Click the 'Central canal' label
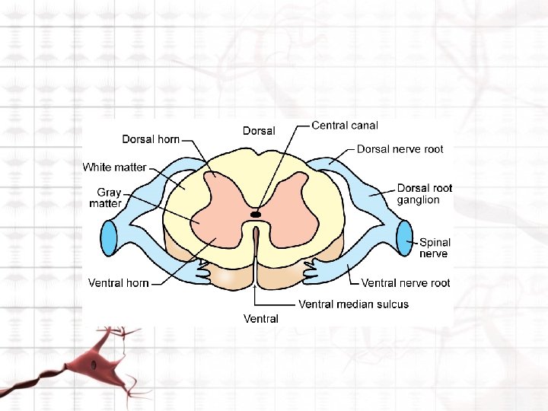click(344, 126)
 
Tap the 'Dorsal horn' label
click(151, 139)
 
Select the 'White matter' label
click(114, 167)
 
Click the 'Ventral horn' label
click(118, 283)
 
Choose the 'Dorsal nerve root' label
click(400, 149)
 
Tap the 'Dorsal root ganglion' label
click(424, 194)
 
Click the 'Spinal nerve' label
click(435, 248)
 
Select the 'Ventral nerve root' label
click(405, 283)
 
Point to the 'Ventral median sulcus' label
click(353, 304)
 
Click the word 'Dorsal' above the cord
click(259, 131)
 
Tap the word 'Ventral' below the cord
click(260, 318)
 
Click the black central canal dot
click(256, 215)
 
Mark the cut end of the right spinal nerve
click(403, 237)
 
